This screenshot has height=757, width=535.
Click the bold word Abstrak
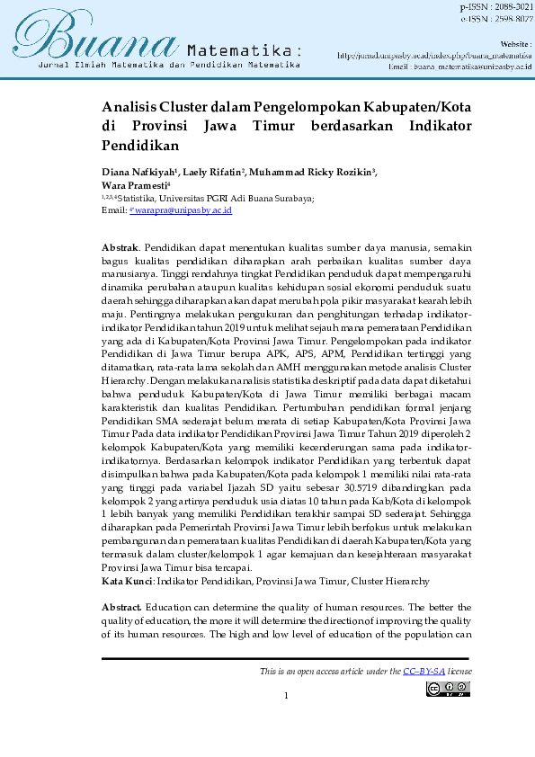120,245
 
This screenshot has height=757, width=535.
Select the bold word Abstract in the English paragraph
121,608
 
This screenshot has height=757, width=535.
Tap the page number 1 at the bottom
286,696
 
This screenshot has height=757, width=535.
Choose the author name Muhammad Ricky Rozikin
312,172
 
